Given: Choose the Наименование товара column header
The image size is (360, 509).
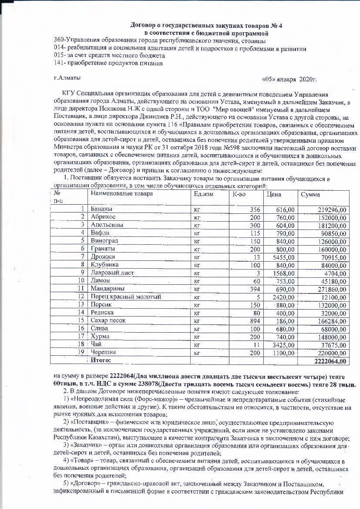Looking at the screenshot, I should tap(121, 194).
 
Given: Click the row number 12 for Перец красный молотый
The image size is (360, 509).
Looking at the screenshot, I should tap(80, 297).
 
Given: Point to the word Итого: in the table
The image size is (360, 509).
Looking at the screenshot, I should tap(101, 361).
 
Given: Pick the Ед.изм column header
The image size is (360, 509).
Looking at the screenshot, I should tap(203, 194).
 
